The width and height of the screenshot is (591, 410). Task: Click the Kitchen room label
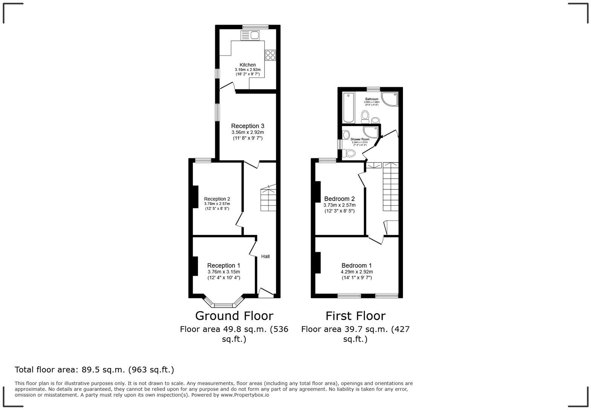point(248,65)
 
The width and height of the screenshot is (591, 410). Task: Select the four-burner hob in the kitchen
point(270,55)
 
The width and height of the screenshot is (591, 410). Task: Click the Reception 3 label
point(248,126)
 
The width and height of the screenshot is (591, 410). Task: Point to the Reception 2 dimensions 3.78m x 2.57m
point(217,204)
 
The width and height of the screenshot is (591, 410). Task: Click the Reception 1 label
point(224,265)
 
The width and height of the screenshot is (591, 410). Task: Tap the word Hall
point(265,257)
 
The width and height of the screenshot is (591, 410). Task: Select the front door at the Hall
point(266,292)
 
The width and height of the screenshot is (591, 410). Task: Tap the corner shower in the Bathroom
point(390,98)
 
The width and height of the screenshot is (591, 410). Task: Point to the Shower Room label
point(360,139)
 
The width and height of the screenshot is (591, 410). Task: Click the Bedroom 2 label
point(339,199)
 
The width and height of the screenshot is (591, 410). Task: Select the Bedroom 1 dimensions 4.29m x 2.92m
point(357,272)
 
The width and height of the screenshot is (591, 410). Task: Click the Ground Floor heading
point(234,315)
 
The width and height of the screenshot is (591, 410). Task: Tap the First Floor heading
point(355,315)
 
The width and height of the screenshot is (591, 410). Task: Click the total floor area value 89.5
point(92,370)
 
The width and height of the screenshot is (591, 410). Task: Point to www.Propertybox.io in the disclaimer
point(245,395)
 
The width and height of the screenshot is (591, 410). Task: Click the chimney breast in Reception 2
point(195,196)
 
